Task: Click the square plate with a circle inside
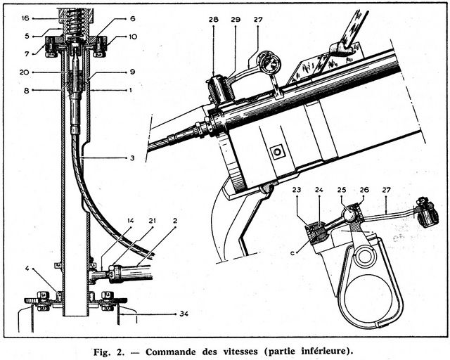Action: [x=278, y=152]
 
